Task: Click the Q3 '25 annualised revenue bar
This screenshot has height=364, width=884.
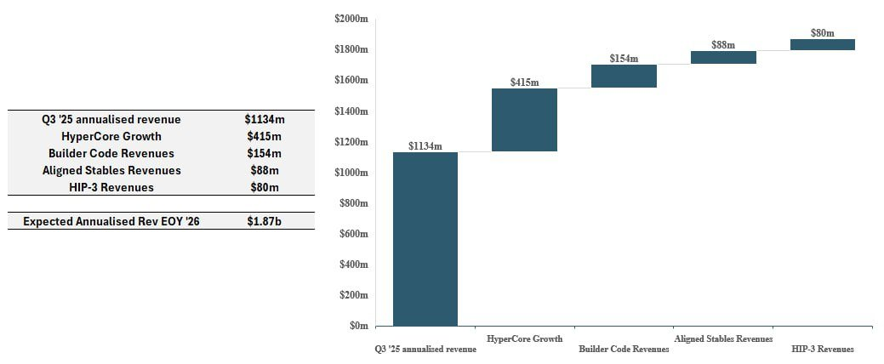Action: [x=425, y=239]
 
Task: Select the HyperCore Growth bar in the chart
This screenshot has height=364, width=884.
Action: [x=524, y=120]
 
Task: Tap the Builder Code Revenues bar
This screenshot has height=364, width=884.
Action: [x=624, y=76]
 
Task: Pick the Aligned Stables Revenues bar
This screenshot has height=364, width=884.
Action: [x=723, y=58]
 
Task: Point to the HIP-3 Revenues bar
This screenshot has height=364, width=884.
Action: [x=822, y=44]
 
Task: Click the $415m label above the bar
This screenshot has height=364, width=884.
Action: [x=524, y=82]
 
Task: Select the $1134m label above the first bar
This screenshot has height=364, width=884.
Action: [x=425, y=146]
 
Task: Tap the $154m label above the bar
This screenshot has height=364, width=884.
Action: [x=624, y=59]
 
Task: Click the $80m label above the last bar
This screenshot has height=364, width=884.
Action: [x=822, y=33]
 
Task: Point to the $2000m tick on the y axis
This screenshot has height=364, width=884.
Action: [x=352, y=19]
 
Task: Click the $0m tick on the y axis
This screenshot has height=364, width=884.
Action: [x=359, y=326]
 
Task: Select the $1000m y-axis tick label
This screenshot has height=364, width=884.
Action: [x=352, y=173]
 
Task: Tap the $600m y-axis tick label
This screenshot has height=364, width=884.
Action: [x=354, y=234]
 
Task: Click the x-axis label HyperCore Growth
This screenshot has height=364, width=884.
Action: [x=524, y=338]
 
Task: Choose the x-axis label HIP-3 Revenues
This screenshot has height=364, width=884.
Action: [x=822, y=349]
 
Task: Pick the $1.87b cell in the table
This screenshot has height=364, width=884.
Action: [x=263, y=221]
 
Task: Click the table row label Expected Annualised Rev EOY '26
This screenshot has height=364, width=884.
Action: [x=111, y=221]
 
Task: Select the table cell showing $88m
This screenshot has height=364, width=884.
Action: [x=263, y=170]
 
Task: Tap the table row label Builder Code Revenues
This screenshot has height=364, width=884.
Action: [x=111, y=153]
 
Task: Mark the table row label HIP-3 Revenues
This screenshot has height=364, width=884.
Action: [x=111, y=187]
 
